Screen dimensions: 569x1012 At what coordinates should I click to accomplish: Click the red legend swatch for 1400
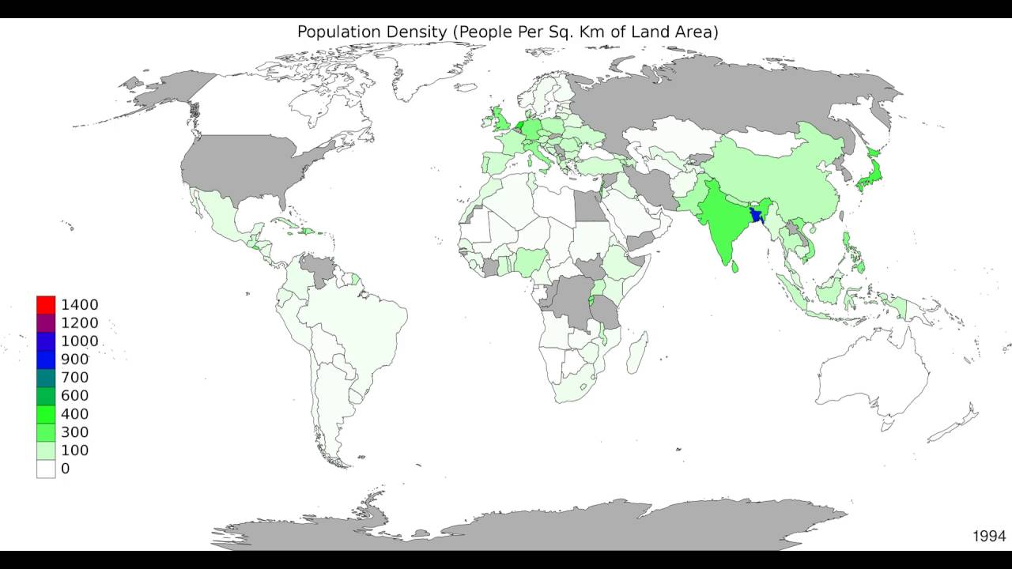coord(46,305)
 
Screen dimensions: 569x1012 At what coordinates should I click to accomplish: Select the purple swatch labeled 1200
coord(46,323)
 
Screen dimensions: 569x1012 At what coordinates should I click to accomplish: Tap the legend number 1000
coord(79,341)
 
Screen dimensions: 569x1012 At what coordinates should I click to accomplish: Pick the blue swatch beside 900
coord(46,360)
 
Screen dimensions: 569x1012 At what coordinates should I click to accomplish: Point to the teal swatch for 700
coord(46,378)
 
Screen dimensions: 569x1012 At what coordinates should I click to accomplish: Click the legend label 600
coord(74,396)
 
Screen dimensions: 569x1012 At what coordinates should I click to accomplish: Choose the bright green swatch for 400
coord(46,414)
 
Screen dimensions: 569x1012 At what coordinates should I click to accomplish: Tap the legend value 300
coord(74,432)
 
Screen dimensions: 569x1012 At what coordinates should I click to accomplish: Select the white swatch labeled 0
coord(46,469)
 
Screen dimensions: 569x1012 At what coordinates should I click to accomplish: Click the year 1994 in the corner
coord(988,537)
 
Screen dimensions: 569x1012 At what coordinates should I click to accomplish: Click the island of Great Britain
coord(501,123)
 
